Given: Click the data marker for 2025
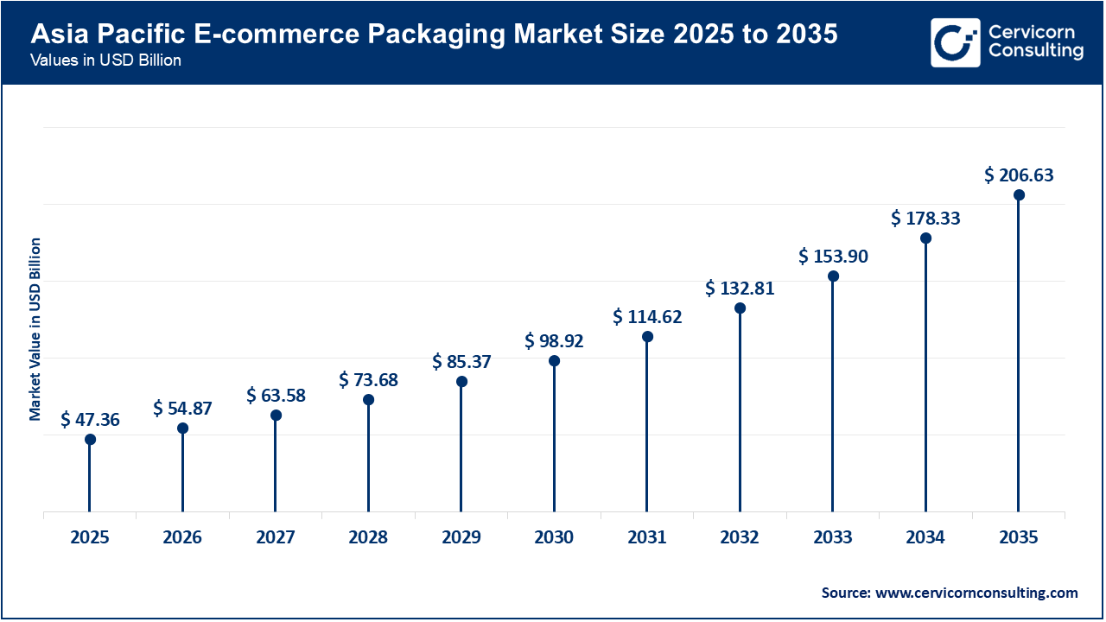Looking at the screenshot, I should coord(90,440).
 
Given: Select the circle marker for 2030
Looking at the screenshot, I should coord(554,361).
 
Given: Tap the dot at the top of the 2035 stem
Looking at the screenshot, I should coord(1019,195).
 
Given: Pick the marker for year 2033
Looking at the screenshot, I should coord(833,276).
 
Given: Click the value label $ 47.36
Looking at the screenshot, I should coord(90,421).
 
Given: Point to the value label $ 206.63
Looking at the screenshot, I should coord(1019,175).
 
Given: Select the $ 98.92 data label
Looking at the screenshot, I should coord(554,341).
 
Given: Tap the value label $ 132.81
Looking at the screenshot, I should coord(740,289).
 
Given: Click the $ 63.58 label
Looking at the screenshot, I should coord(276,396).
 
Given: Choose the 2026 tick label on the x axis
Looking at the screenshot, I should coord(182,538).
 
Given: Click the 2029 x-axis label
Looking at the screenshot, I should coord(461,538).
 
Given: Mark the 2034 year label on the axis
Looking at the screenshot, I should coord(925,538).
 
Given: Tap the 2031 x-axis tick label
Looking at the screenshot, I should coord(647,538).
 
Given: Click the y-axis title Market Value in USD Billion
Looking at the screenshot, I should coord(35,328).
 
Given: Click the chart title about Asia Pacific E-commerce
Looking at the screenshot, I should coord(434,36).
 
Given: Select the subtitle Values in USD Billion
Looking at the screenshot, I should coord(105,61).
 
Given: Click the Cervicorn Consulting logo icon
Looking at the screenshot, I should coord(955,42).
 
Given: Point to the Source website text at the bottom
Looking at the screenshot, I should coord(949,593).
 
